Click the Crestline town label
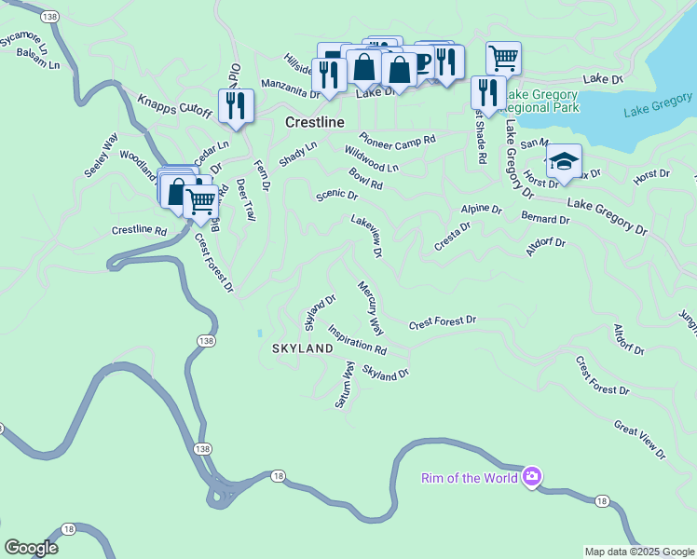click(x=315, y=123)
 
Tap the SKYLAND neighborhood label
click(x=302, y=348)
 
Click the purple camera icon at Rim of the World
click(x=531, y=478)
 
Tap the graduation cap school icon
click(x=563, y=163)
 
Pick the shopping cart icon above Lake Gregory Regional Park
click(x=502, y=59)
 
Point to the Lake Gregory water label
click(x=658, y=104)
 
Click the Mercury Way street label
click(x=370, y=307)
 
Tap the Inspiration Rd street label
click(x=357, y=340)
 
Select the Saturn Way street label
click(x=344, y=386)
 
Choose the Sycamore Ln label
click(x=25, y=42)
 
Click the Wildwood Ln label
click(x=371, y=159)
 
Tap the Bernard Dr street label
click(x=545, y=219)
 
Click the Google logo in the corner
click(x=31, y=548)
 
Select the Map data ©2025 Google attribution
click(x=638, y=552)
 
